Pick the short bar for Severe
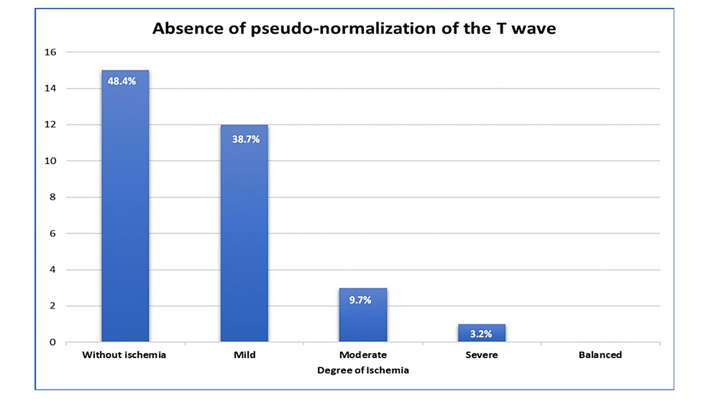tap(482, 334)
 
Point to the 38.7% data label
tap(244, 139)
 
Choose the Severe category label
tap(482, 354)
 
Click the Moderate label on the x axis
tap(362, 354)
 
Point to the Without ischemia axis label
tap(125, 354)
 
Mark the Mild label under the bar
tap(244, 354)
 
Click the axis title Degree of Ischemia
tap(362, 370)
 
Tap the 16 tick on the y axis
tap(50, 52)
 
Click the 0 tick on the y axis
tap(52, 342)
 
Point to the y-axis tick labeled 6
tap(52, 234)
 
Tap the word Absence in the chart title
tap(183, 30)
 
